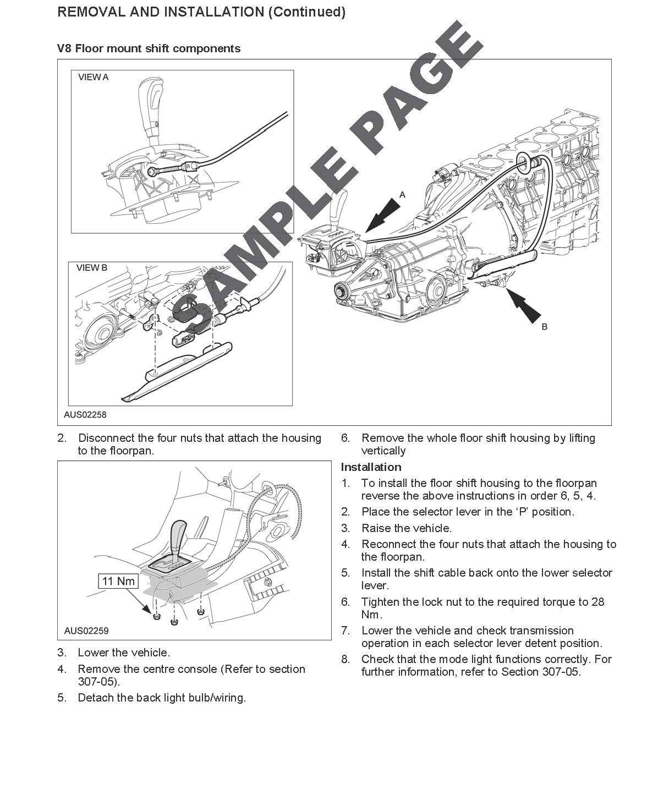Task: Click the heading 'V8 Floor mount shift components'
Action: pos(149,48)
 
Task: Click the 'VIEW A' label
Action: pos(94,78)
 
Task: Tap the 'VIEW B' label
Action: pos(92,268)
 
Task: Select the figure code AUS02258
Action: pos(85,415)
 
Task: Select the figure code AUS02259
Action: pos(86,631)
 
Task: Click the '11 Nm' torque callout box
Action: pos(118,581)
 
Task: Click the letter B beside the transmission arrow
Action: pos(545,327)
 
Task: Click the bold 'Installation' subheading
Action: pos(371,467)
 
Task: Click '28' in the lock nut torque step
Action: pos(597,602)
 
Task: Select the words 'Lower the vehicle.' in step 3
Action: pos(124,653)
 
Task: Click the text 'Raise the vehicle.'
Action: pos(407,528)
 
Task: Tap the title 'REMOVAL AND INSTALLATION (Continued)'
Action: pos(201,12)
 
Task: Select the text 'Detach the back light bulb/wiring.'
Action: pos(162,698)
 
